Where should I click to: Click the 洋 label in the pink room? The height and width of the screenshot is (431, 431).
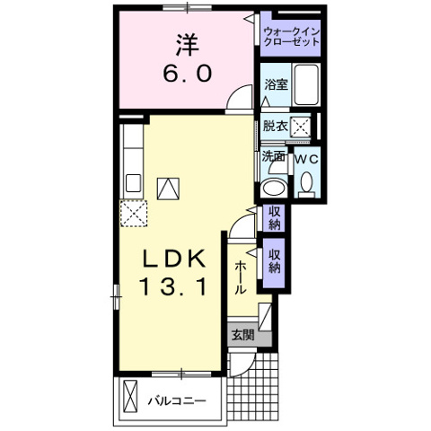click(x=188, y=46)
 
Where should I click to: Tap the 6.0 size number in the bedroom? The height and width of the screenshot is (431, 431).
click(x=188, y=74)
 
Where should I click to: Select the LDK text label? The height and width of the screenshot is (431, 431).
click(x=174, y=259)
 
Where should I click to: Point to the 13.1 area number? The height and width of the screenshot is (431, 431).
click(x=173, y=286)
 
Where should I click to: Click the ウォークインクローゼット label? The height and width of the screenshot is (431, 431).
click(x=292, y=37)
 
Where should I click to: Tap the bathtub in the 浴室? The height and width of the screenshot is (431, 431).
click(x=306, y=84)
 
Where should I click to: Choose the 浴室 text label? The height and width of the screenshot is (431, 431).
click(x=276, y=84)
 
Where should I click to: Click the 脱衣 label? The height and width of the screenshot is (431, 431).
click(x=276, y=126)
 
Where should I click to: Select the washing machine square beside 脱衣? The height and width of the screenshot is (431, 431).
click(x=301, y=127)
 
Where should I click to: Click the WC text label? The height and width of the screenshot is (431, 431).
click(x=307, y=160)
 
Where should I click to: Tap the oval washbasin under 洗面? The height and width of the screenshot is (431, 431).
click(x=273, y=188)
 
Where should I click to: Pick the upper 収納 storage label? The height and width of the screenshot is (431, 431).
click(x=274, y=218)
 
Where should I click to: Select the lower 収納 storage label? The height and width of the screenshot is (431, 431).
click(x=274, y=261)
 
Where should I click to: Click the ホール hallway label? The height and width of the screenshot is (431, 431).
click(x=240, y=277)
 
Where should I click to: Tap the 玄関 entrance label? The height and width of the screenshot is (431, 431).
click(x=243, y=335)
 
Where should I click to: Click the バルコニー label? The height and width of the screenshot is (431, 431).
click(x=177, y=400)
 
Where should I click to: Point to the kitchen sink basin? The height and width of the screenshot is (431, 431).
click(x=133, y=183)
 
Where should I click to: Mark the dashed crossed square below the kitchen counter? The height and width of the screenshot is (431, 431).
click(x=134, y=213)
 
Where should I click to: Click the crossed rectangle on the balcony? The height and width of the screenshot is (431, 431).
click(x=130, y=397)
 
